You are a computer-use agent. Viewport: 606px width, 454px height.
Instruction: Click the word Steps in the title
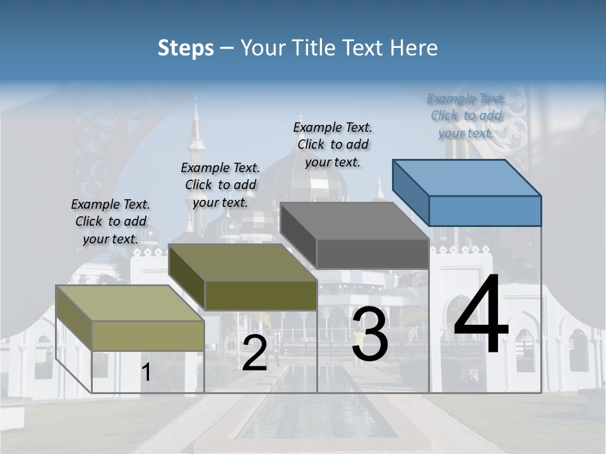[185, 48]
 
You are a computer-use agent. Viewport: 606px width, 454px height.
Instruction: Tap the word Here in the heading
[413, 48]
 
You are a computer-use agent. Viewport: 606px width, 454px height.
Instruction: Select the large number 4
[481, 315]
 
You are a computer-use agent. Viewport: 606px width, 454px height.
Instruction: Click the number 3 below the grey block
[369, 334]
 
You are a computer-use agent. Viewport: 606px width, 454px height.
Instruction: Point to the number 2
[254, 353]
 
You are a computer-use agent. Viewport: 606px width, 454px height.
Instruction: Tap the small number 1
[146, 373]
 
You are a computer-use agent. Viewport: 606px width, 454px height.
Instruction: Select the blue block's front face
[485, 211]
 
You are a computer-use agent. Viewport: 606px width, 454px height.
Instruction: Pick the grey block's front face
[372, 253]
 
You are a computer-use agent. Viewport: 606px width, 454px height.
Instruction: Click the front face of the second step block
[261, 295]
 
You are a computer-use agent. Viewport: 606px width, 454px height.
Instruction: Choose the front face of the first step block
[148, 335]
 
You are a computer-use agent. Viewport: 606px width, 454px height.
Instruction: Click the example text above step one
[110, 221]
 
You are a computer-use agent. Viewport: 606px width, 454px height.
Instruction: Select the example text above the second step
[220, 185]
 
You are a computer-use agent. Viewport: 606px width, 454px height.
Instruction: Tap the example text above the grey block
[333, 144]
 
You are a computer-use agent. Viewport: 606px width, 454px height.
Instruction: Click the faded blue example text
[466, 115]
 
